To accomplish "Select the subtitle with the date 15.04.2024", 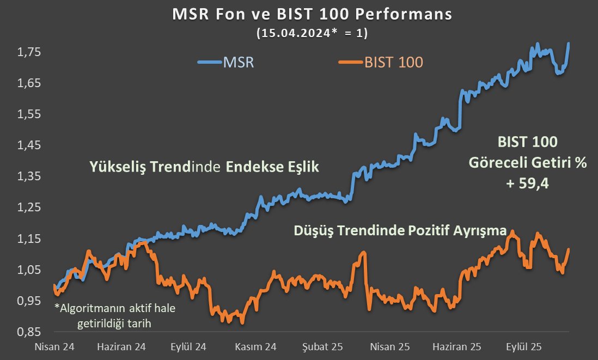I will pyautogui.click(x=312, y=33).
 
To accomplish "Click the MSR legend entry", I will pyautogui.click(x=226, y=62).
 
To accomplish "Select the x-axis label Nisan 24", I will pyautogui.click(x=54, y=346).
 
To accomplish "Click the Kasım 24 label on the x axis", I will pyautogui.click(x=256, y=346).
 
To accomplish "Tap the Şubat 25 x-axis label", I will pyautogui.click(x=323, y=346).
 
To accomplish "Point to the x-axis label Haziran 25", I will pyautogui.click(x=457, y=346).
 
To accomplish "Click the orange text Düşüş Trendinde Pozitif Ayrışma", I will pyautogui.click(x=400, y=230).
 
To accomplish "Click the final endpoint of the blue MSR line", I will pyautogui.click(x=569, y=43).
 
